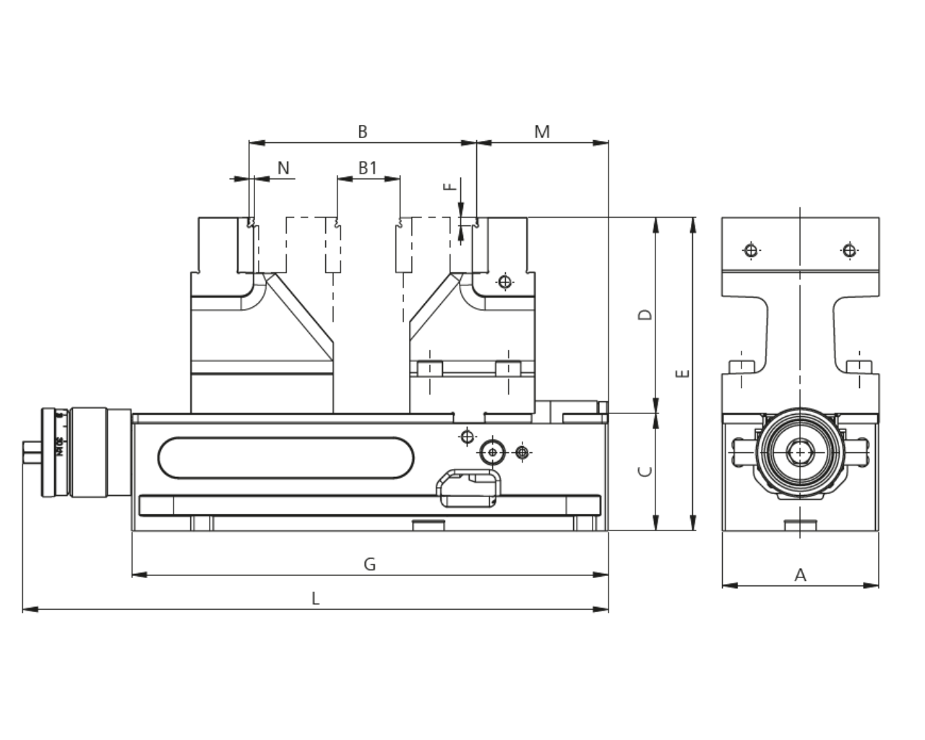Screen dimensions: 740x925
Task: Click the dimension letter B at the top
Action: [363, 132]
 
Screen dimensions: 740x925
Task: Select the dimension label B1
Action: [368, 168]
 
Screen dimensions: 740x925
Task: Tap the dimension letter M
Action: [542, 132]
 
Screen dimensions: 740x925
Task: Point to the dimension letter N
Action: [283, 168]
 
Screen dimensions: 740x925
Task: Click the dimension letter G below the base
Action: [369, 564]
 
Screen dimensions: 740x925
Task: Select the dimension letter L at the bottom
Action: [315, 598]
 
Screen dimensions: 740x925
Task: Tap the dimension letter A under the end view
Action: [800, 575]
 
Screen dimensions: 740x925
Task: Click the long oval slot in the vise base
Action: [286, 457]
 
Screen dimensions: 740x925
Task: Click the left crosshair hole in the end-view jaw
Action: [752, 251]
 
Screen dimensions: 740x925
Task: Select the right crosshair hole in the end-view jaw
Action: [849, 251]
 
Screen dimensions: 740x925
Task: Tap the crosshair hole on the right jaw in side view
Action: [505, 281]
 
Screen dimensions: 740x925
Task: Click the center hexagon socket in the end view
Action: [800, 453]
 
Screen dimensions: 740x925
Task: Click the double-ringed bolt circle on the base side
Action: [493, 452]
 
